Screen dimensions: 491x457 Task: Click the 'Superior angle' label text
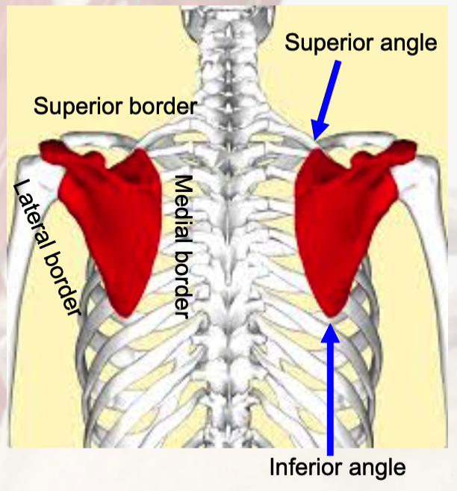coord(360,43)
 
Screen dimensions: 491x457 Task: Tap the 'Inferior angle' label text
coord(338,468)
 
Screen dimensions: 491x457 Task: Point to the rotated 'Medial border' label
coord(183,244)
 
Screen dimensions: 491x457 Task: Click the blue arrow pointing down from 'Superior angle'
coord(329,98)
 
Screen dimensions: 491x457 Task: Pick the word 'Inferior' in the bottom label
coord(302,468)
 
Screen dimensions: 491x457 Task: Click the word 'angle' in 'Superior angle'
coord(408,44)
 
